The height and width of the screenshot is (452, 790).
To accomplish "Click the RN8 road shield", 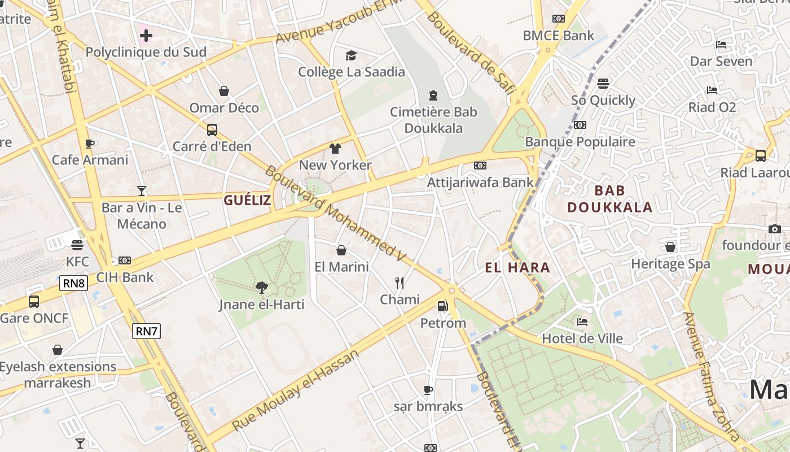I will coord(74,283).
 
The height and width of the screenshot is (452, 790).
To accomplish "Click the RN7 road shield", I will coord(146,331).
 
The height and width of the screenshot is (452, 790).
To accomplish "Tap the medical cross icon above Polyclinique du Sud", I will coord(146,36).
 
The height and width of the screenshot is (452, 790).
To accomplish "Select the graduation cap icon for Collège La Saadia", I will coord(352,55).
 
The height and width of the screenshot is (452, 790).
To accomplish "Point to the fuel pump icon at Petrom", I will coord(443,306).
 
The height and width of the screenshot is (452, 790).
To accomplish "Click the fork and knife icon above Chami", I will coord(400,282).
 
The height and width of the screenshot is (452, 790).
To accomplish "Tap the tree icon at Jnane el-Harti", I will coord(261,288).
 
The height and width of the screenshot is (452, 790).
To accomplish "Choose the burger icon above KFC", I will coord(77,245).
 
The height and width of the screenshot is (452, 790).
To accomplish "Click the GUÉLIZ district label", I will coord(247,200).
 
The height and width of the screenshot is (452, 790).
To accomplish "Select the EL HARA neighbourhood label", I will coord(517,267).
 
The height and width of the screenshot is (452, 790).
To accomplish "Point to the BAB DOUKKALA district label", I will coord(609,199).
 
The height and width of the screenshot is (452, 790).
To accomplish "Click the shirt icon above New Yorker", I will coord(335,149).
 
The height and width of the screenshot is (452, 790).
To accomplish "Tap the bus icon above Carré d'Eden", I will coord(212,130).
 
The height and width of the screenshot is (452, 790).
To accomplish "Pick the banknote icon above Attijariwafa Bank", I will coord(480,166).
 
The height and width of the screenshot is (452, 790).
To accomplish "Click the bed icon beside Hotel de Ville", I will coord(582,322).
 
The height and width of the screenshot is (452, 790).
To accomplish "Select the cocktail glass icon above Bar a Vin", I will coord(142,191).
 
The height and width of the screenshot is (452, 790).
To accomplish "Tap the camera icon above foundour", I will coord(774,229).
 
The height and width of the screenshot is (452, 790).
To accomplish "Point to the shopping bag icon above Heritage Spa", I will coord(670,247).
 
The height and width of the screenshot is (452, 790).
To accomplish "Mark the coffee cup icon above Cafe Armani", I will coord(90,144).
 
